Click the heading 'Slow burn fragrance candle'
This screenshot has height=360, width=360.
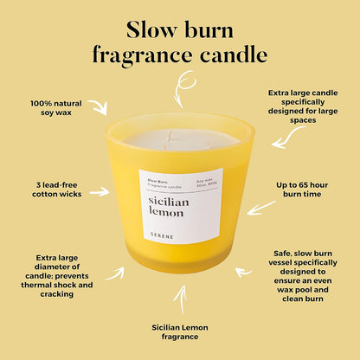pyautogui.click(x=180, y=41)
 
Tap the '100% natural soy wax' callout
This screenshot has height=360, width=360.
pyautogui.click(x=58, y=110)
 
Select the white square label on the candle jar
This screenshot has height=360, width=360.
pyautogui.click(x=180, y=205)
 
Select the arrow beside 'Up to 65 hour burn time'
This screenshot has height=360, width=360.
pyautogui.click(x=260, y=208)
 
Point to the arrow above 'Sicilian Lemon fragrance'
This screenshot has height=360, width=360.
pyautogui.click(x=180, y=299)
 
